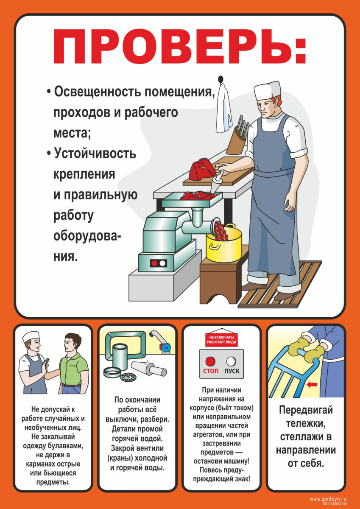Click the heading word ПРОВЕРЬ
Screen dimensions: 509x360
(172, 48)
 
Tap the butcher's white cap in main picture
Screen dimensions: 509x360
(267, 91)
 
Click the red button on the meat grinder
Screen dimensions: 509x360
(154, 263)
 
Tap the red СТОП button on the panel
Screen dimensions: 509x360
(210, 362)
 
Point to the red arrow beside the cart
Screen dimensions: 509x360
(313, 385)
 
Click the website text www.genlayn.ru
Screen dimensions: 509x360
(328, 499)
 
